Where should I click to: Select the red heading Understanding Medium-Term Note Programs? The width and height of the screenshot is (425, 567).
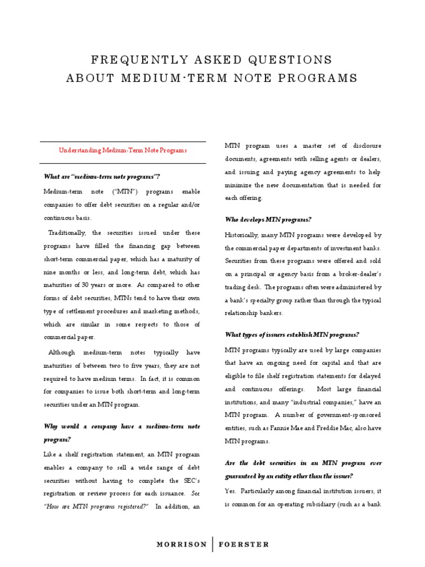point(123,150)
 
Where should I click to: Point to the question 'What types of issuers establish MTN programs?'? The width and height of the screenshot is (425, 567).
point(292,334)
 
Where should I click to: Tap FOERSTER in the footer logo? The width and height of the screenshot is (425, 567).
point(243,544)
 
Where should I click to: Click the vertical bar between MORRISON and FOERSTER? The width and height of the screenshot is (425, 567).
point(212,544)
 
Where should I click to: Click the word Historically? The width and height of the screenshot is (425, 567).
point(243,235)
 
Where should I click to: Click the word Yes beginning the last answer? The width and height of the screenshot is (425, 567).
point(230,491)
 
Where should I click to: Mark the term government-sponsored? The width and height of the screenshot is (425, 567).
point(347,415)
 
